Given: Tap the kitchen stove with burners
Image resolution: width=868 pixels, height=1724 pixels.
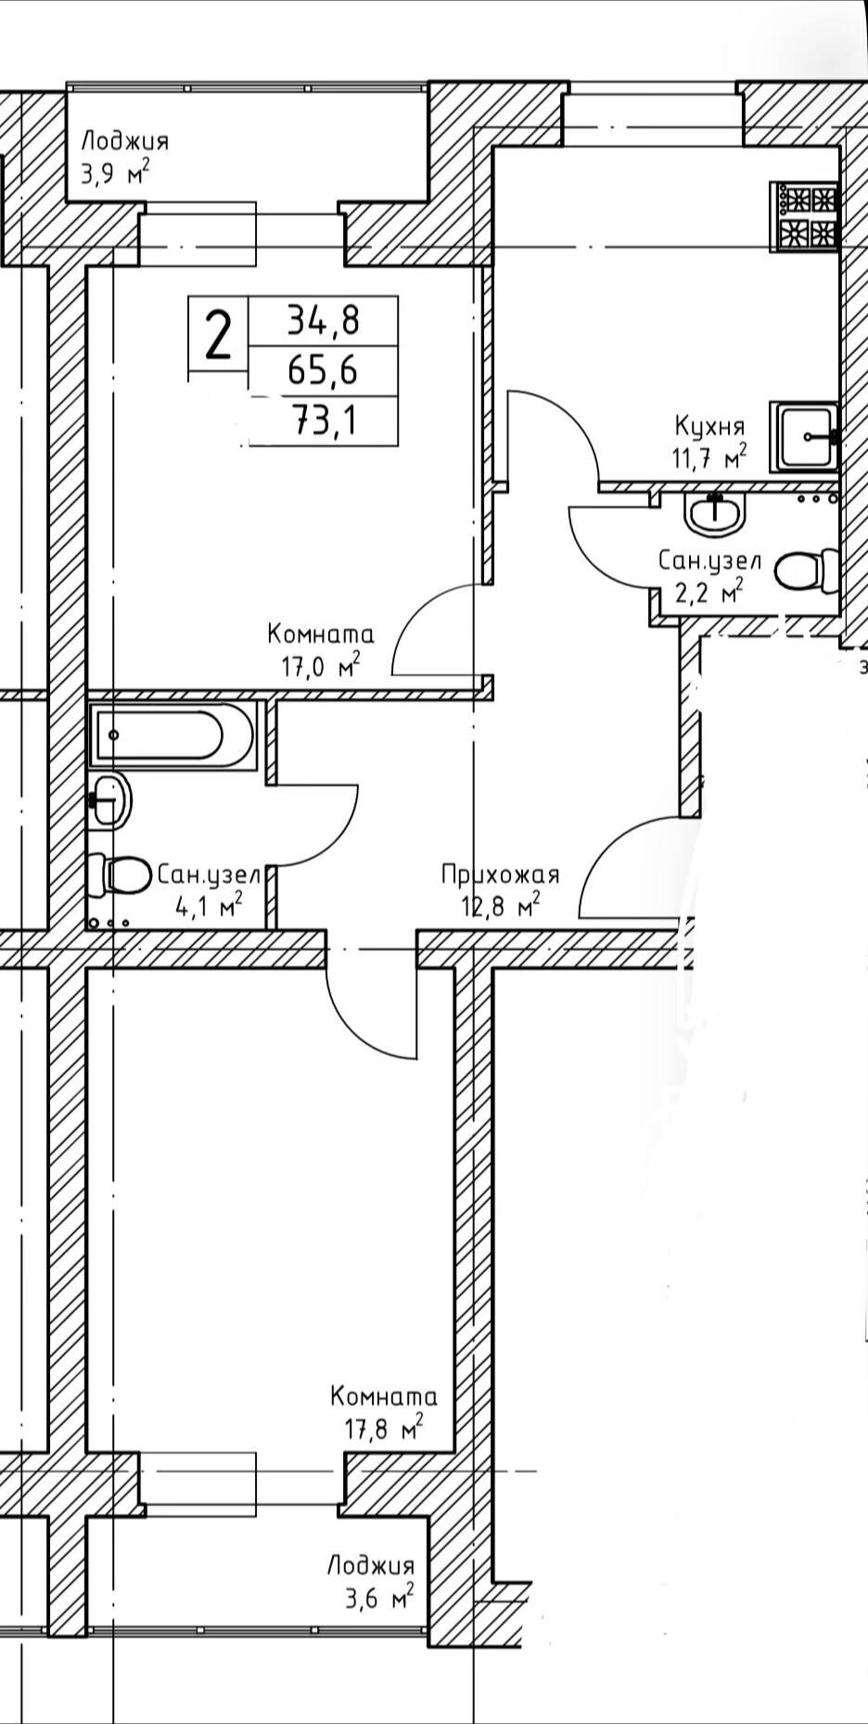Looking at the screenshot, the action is point(807,216).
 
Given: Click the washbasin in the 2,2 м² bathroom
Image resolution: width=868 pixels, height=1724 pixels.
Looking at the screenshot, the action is point(716,512).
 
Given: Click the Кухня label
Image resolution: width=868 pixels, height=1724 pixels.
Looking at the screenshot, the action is point(709,428).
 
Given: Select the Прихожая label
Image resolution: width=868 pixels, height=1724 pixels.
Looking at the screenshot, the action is point(501,875).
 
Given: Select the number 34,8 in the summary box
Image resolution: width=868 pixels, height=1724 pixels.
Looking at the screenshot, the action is point(323,322).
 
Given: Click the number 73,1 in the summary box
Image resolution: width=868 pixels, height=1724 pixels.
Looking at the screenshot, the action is point(325,423).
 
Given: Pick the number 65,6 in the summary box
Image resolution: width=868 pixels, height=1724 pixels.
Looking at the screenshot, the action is point(323,372).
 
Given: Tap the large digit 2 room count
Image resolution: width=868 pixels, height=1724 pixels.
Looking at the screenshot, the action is point(218,335).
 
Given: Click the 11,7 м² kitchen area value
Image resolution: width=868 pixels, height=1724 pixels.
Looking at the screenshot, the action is point(710,457).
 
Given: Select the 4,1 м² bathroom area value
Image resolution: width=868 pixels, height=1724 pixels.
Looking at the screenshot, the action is point(210,904).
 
